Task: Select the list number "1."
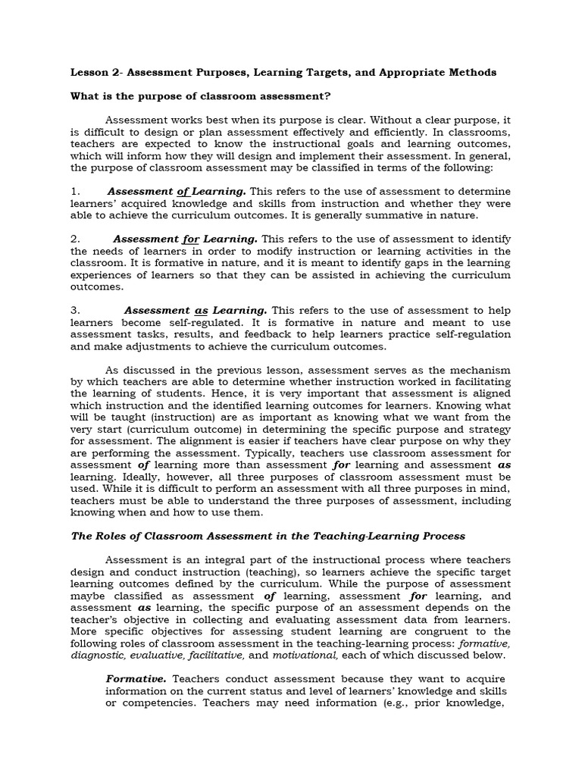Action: (75, 191)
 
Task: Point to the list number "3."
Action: (75, 311)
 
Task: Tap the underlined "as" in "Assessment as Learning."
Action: (201, 311)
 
